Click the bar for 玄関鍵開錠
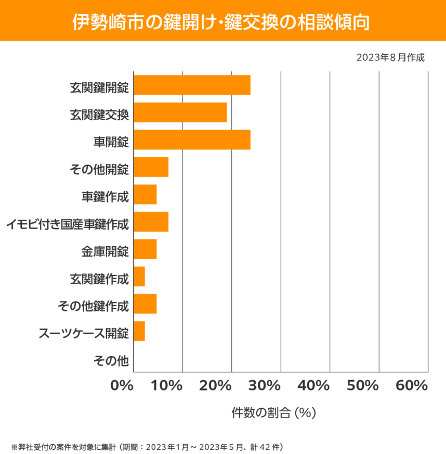[192, 85]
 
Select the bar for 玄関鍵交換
[180, 112]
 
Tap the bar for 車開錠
[192, 140]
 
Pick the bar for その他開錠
[151, 167]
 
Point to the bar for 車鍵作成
[145, 195]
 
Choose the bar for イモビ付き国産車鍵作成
[151, 222]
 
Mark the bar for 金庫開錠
[145, 249]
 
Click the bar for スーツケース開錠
[139, 331]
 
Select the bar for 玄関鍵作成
[139, 276]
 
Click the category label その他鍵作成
[93, 305]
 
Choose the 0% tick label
[122, 386]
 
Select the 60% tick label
[411, 386]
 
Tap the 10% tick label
[168, 386]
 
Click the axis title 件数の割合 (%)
[273, 413]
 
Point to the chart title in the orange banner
[223, 21]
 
